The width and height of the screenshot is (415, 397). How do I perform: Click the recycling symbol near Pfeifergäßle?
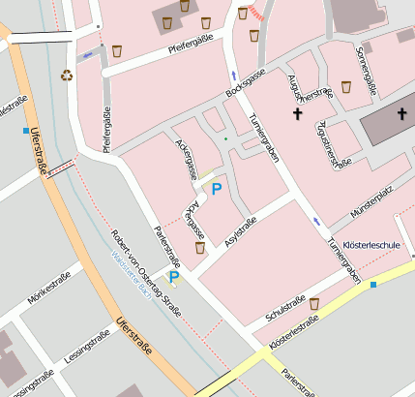pyautogui.click(x=67, y=75)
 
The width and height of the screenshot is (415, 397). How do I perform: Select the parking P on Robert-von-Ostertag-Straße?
pyautogui.click(x=174, y=277)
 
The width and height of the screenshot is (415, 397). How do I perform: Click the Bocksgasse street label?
pyautogui.click(x=246, y=93)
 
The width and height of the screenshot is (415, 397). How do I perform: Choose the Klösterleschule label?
pyautogui.click(x=371, y=246)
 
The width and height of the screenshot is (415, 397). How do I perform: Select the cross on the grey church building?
pyautogui.click(x=401, y=114)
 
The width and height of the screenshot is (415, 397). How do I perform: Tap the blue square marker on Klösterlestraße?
pyautogui.click(x=373, y=285)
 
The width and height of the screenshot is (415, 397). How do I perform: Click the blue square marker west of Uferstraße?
pyautogui.click(x=25, y=130)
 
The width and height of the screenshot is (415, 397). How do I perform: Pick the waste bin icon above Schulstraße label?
pyautogui.click(x=314, y=303)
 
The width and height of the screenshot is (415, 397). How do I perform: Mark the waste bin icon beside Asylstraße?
pyautogui.click(x=200, y=248)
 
